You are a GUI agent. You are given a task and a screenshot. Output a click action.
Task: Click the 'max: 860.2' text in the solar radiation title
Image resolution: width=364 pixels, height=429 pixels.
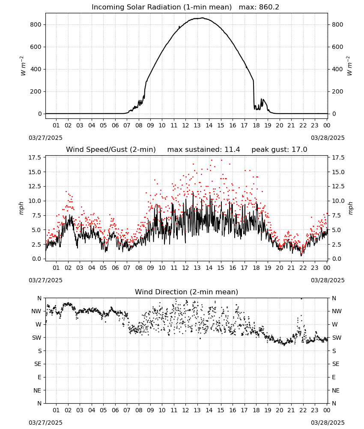(x=259, y=7)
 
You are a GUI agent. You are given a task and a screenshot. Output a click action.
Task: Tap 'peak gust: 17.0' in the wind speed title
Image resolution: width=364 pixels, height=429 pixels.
(x=279, y=150)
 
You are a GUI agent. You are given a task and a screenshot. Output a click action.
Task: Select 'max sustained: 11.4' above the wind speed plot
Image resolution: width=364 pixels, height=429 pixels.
(x=203, y=150)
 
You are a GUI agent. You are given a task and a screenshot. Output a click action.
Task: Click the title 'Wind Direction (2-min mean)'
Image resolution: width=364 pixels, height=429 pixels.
(x=187, y=292)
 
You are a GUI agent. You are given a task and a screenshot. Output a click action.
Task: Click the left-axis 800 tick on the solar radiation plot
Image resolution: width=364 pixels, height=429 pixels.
(x=36, y=24)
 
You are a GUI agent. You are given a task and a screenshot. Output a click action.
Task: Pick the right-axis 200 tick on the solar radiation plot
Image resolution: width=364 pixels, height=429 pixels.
(x=337, y=92)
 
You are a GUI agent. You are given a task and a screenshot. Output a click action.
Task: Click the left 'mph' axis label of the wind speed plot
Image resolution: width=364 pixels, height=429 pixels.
(x=21, y=208)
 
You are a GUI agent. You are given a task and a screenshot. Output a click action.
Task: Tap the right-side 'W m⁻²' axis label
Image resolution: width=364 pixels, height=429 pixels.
(x=349, y=66)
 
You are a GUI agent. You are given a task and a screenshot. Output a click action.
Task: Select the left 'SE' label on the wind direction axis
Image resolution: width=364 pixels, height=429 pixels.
(x=38, y=364)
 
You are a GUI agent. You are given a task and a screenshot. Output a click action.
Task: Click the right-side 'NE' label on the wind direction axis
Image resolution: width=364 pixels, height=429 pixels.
(x=336, y=390)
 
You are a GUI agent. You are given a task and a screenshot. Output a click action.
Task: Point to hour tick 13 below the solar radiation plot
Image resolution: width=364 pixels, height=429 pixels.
(x=197, y=126)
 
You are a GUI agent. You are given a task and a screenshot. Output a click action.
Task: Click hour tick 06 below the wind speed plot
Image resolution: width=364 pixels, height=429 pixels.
(x=115, y=268)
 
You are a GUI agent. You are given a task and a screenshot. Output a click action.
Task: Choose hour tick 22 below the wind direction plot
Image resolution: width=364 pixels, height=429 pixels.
(x=303, y=410)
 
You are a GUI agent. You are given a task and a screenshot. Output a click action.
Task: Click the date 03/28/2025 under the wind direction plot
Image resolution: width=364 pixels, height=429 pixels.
(x=328, y=423)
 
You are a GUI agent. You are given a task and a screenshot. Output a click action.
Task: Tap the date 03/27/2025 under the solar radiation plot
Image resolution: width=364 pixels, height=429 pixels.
(x=45, y=138)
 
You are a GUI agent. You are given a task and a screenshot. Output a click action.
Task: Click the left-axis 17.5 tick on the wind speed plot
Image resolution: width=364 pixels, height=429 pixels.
(x=35, y=157)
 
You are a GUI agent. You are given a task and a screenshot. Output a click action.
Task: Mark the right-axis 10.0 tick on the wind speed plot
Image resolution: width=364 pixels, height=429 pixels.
(x=338, y=201)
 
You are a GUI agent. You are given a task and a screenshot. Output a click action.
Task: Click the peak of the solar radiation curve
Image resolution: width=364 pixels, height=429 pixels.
(x=203, y=18)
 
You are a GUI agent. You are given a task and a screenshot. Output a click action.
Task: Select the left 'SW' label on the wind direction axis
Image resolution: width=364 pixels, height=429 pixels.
(x=37, y=338)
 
